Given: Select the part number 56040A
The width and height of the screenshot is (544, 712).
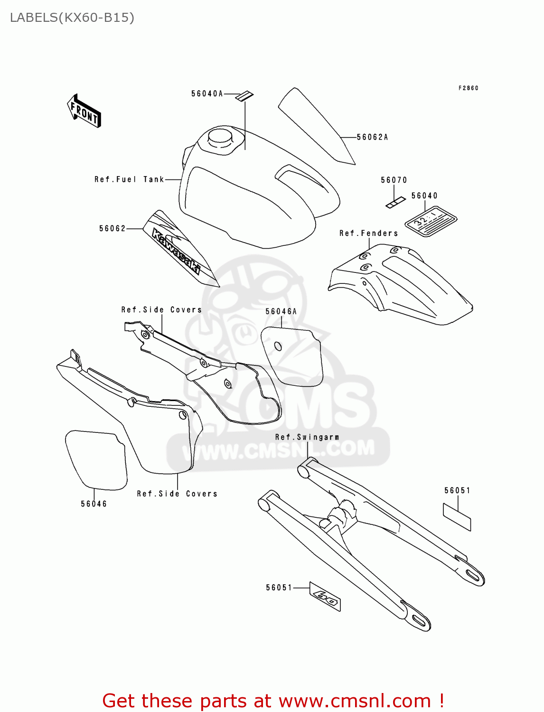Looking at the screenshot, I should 207,94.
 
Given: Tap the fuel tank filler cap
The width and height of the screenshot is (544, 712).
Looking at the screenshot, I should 220,137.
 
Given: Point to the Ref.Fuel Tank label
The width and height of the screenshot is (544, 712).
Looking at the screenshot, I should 129,179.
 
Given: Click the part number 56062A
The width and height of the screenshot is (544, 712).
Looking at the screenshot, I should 372,137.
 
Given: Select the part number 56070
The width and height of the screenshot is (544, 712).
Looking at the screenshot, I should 394,180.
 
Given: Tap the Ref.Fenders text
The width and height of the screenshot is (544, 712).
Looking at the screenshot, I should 368,234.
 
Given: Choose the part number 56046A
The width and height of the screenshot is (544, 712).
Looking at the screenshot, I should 281,312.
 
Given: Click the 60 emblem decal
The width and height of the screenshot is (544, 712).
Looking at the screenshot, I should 325,597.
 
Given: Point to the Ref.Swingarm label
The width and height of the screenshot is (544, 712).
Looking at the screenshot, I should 307,437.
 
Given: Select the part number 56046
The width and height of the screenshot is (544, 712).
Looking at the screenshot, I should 94,504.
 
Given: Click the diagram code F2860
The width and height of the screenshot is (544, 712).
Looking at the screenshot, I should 468,88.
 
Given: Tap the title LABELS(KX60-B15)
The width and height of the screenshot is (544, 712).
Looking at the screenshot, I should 72,18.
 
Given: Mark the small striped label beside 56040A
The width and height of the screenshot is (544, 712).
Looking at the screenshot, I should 245,96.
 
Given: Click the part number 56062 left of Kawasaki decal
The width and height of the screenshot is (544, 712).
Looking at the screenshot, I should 113,229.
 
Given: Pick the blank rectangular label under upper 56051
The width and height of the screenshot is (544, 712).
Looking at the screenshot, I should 457,517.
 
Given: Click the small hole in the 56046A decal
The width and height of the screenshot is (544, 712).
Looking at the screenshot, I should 278,347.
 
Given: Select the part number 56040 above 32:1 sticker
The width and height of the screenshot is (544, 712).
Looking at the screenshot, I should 424,196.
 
